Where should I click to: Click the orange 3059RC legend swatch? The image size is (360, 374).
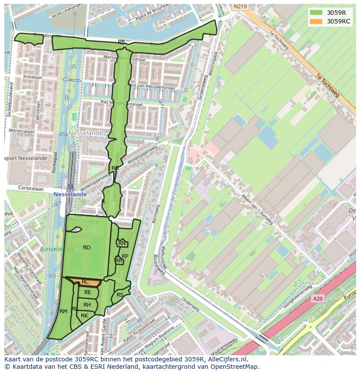pyautogui.click(x=316, y=21)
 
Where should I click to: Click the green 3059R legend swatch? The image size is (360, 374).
pyautogui.click(x=316, y=13)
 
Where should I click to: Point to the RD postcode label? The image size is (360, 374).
pyautogui.click(x=87, y=248)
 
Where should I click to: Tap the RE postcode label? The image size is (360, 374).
pyautogui.click(x=88, y=292)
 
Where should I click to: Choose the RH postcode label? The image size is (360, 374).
pyautogui.click(x=87, y=305)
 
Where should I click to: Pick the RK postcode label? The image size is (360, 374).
pyautogui.click(x=84, y=316)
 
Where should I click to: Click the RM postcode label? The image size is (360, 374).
pyautogui.click(x=63, y=311)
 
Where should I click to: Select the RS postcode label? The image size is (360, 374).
pyautogui.click(x=120, y=295)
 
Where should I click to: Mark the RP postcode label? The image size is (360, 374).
pyautogui.click(x=125, y=256)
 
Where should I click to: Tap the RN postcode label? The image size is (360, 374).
pyautogui.click(x=122, y=244)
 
